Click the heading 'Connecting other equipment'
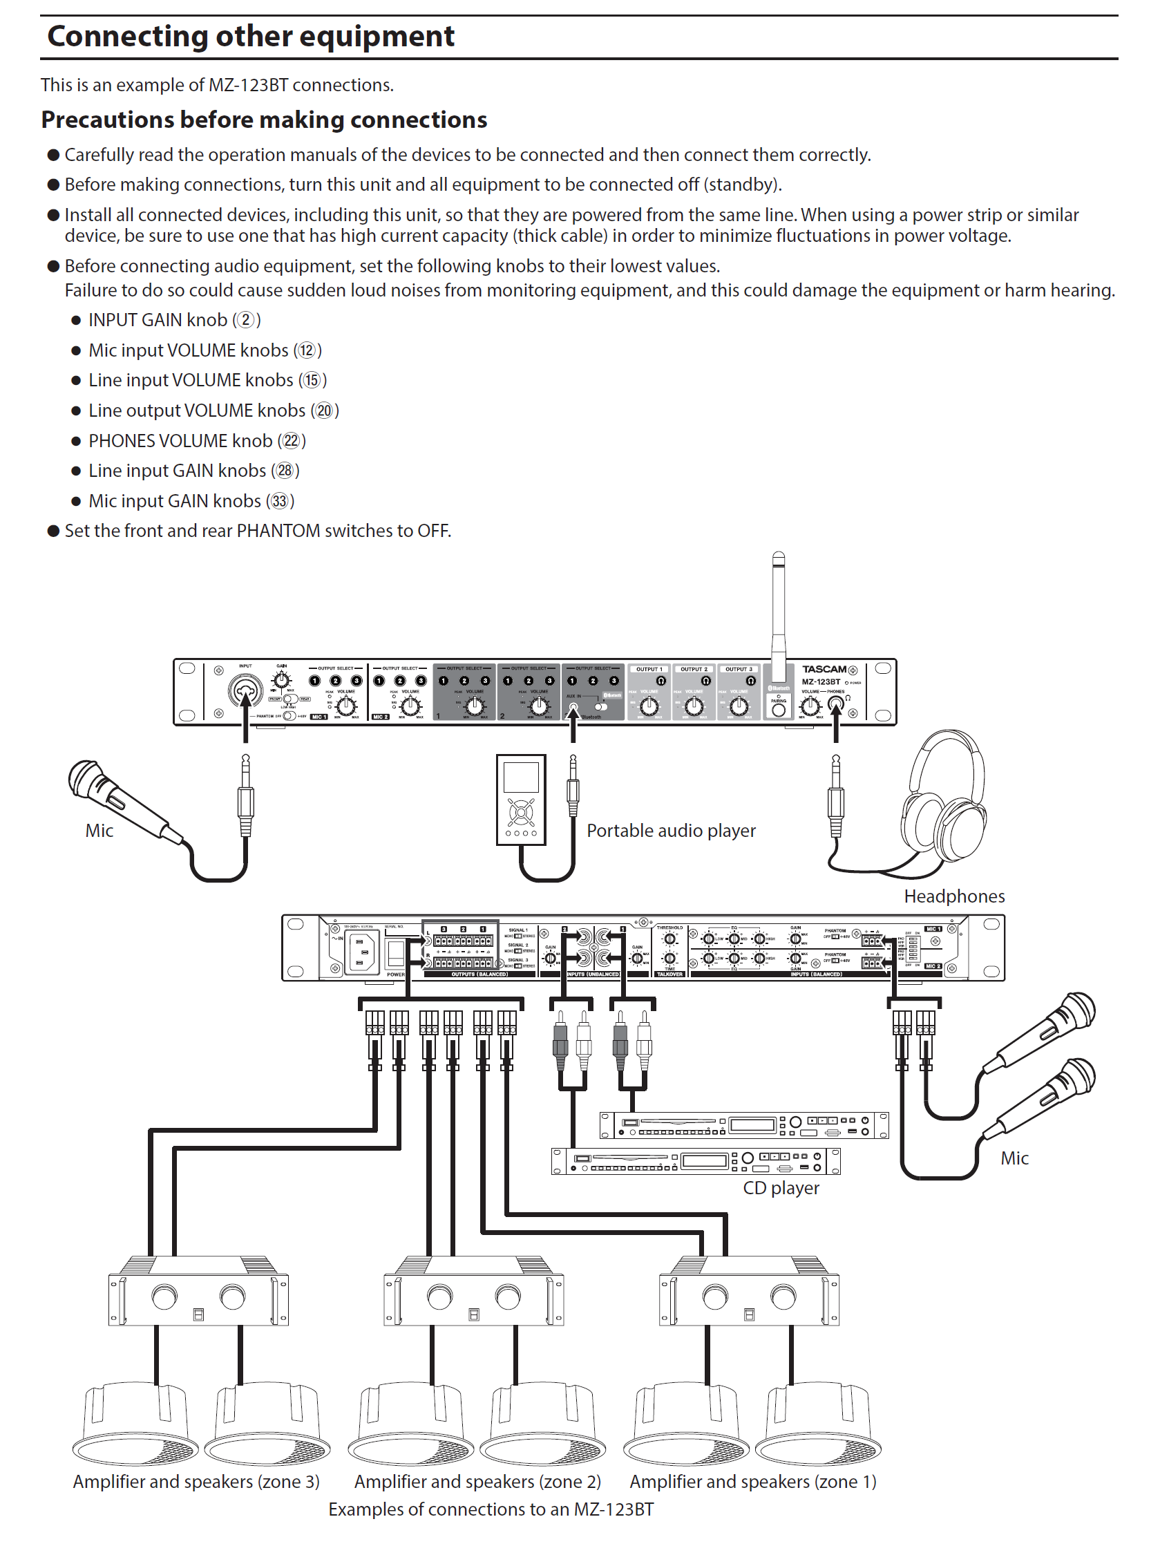point(250,37)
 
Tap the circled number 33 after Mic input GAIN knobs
point(280,501)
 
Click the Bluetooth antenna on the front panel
point(778,612)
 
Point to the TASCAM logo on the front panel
point(824,669)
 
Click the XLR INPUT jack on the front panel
point(245,690)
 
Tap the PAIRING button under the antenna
point(778,709)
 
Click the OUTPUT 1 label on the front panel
point(649,669)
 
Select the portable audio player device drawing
point(521,800)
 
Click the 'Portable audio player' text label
point(671,831)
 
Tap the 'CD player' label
point(781,1188)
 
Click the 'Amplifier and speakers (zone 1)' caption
point(752,1482)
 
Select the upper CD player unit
point(743,1124)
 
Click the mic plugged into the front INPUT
point(120,797)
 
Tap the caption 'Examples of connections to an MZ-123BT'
point(491,1510)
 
